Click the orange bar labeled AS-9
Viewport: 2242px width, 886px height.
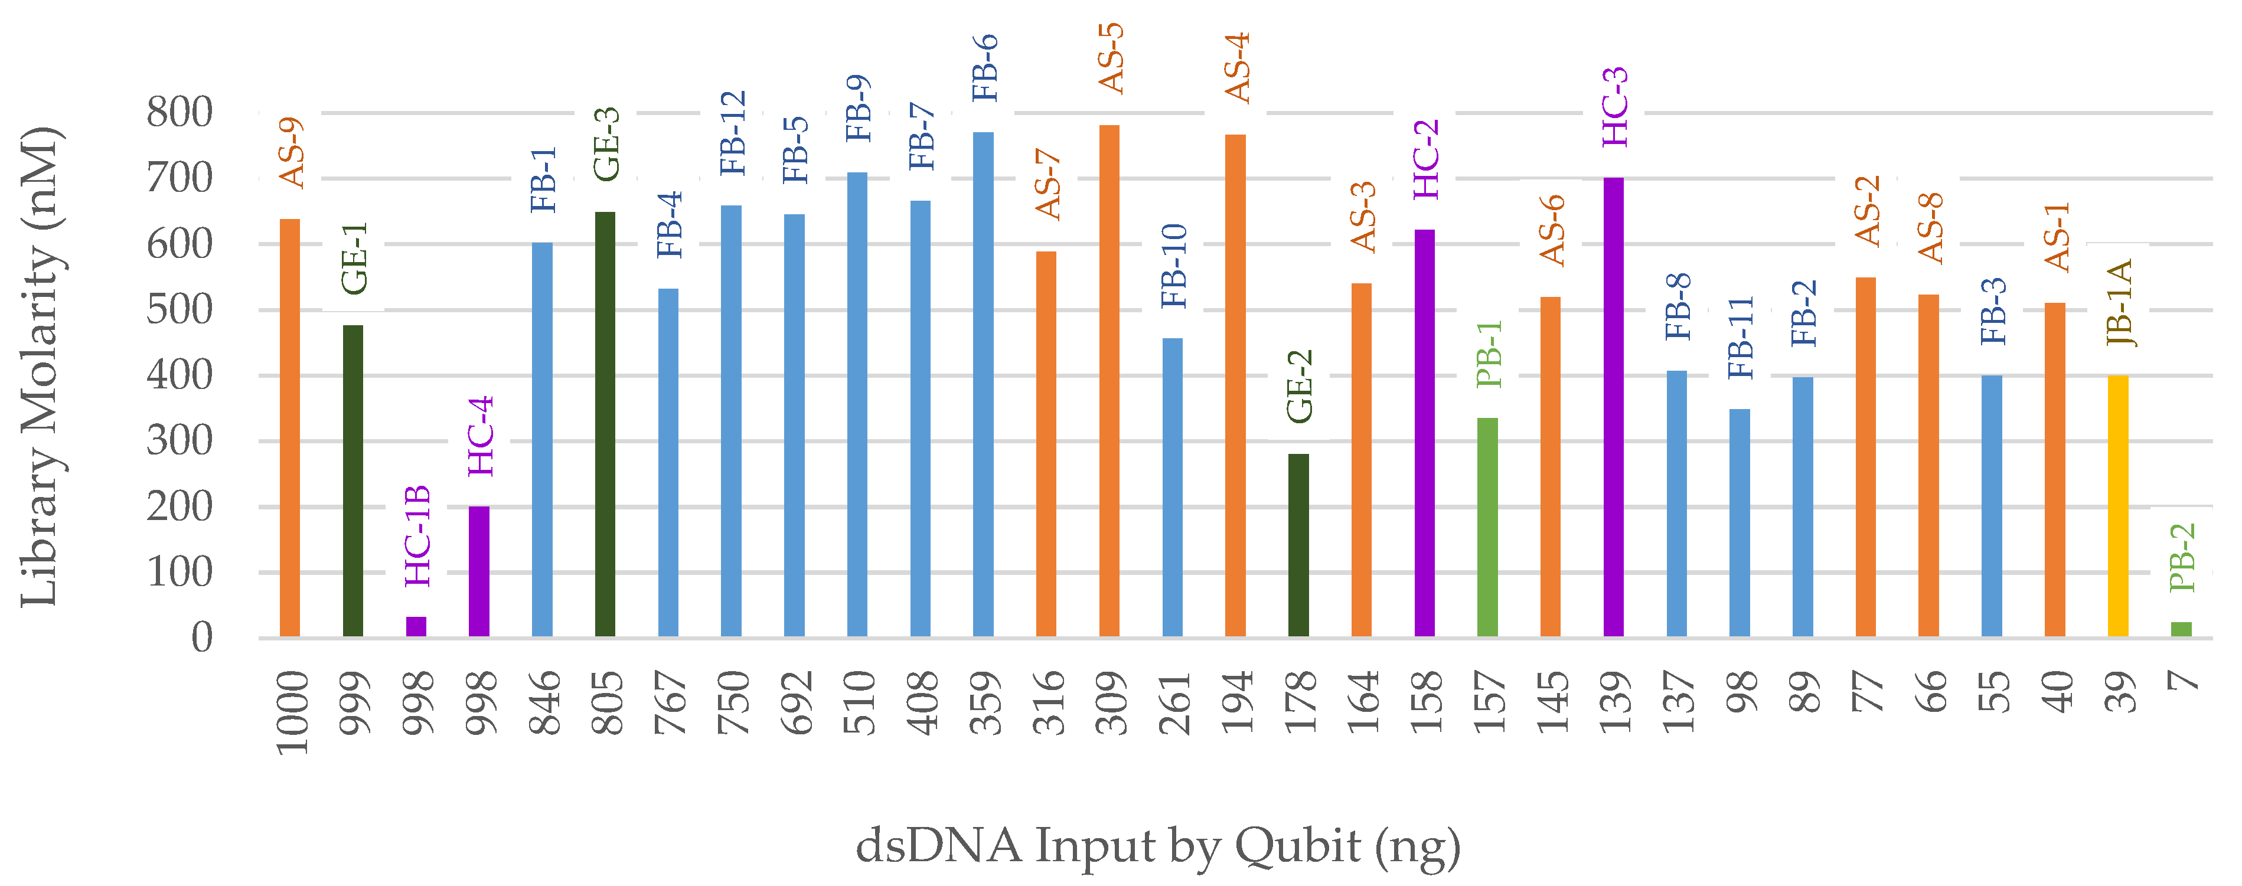coord(290,426)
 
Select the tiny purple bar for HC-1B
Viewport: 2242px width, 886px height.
coord(416,627)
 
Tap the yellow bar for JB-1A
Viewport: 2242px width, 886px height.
coord(2117,505)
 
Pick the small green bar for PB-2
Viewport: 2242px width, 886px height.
coord(2181,629)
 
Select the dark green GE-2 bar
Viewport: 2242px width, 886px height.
coord(1298,545)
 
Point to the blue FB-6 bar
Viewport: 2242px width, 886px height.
coord(983,383)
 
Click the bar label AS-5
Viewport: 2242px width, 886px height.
coord(1111,58)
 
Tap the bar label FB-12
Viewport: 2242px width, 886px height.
coord(733,132)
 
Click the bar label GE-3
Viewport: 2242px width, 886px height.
coord(606,143)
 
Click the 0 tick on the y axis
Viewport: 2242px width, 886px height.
coord(202,638)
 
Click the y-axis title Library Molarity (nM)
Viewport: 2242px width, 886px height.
coord(40,365)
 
